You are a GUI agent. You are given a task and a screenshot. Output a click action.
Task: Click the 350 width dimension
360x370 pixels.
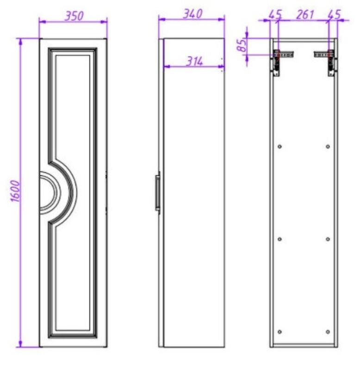coord(74,16)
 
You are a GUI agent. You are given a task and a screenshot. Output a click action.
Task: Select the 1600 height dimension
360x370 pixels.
coord(16,191)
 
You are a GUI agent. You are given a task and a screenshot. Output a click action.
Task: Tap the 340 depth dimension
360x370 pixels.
coord(192,14)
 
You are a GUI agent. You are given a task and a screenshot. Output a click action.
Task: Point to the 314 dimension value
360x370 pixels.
coord(194,62)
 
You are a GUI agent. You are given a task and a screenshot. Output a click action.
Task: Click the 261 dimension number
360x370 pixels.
coord(305,15)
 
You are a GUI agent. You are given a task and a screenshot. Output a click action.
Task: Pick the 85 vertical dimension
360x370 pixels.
coord(242,45)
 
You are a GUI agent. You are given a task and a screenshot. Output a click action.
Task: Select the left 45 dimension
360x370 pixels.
coord(275,14)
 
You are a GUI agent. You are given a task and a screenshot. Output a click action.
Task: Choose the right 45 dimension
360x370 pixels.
coord(334,14)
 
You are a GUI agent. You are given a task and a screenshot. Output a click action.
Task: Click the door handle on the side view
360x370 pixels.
coord(157,192)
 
